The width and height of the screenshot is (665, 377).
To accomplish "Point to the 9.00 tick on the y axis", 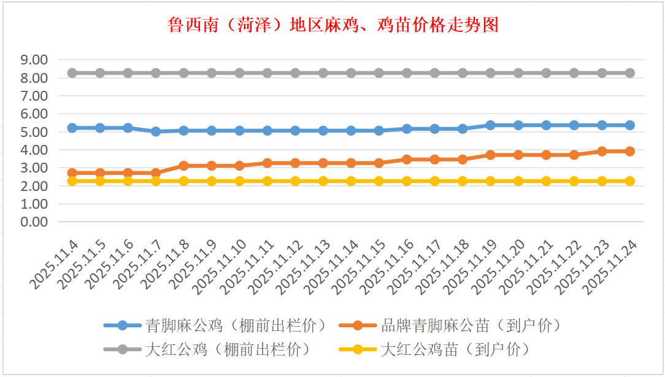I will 34,60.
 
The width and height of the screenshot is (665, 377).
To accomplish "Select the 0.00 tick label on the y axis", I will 34,222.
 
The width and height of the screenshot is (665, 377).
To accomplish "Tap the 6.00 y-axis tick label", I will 34,114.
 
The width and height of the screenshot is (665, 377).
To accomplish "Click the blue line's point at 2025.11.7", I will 156,131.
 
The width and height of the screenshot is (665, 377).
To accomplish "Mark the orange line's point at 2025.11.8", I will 183,166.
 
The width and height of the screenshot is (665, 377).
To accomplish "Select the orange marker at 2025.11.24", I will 629,151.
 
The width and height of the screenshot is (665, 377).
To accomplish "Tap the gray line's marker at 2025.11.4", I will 72,73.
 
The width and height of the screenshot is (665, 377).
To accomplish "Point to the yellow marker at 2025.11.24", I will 629,181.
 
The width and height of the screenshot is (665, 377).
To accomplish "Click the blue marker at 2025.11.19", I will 490,125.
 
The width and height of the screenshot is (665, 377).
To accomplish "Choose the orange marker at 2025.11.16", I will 407,159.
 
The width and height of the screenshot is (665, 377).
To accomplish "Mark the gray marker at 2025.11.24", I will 629,73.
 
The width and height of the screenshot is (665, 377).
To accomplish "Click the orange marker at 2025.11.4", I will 72,173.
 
